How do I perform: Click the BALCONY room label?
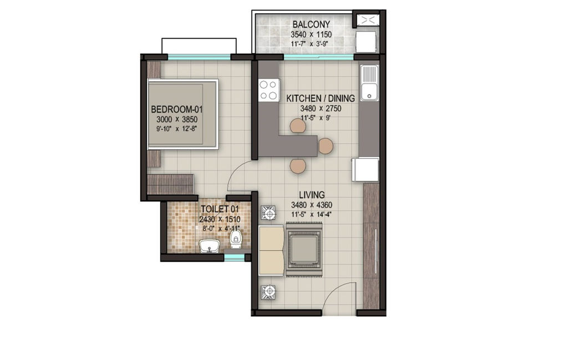[311, 24]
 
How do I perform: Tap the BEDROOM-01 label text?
[177, 109]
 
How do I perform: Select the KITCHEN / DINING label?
[320, 98]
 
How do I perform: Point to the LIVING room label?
[312, 195]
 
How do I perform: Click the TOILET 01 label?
[220, 209]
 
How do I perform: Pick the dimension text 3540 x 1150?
[311, 34]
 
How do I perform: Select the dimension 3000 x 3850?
[177, 119]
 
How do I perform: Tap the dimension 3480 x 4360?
[312, 205]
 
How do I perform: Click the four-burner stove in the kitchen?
[268, 90]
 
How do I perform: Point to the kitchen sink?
[369, 83]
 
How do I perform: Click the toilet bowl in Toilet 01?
[236, 240]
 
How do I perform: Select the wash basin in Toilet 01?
[209, 246]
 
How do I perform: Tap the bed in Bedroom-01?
[183, 114]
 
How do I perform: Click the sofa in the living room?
[271, 250]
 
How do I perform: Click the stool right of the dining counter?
[325, 146]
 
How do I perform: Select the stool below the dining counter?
[298, 165]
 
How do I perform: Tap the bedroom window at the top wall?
[199, 57]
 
